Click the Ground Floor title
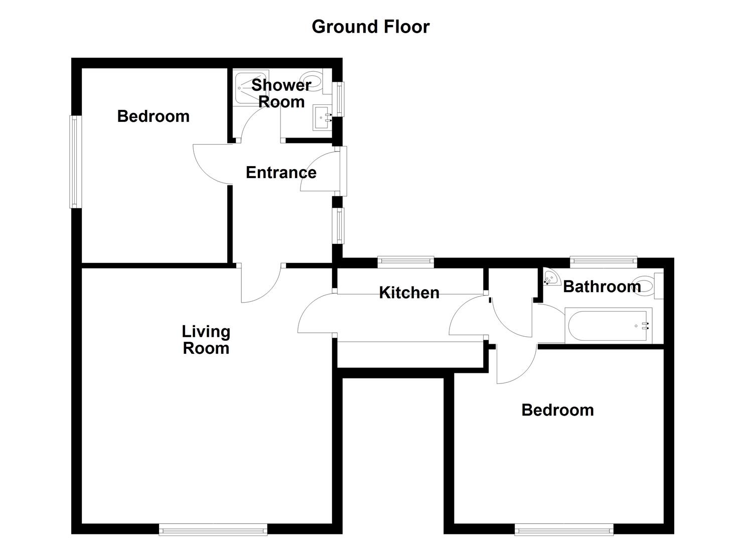point(370,27)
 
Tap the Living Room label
point(206,340)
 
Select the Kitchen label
point(409,293)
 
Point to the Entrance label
point(281,173)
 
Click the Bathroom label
point(602,287)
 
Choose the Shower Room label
point(281,93)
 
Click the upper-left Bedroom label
point(153,116)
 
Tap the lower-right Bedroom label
point(557,410)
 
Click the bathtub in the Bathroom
point(608,326)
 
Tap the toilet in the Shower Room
point(314,81)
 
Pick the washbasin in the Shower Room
point(322,118)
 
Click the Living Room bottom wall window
point(213,529)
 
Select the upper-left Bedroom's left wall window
point(75,162)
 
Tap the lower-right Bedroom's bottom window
point(564,529)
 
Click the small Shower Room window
point(340,98)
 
